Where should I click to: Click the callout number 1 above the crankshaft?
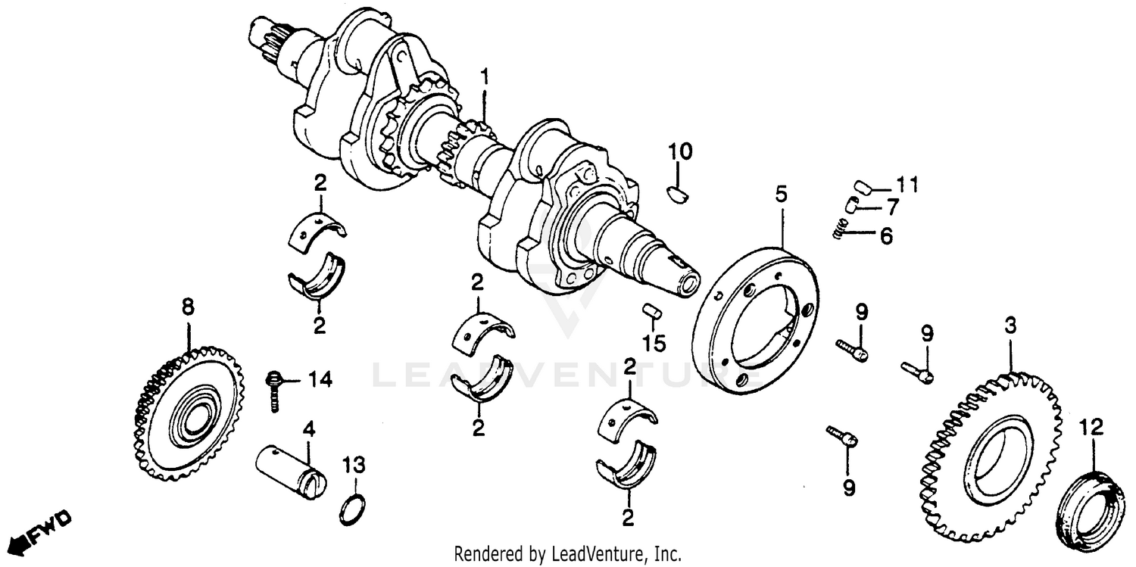[485, 77]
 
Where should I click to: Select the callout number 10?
[679, 152]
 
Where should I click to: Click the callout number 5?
[781, 195]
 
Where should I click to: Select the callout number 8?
[187, 307]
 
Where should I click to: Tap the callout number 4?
[308, 430]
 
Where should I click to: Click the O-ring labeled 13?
[352, 510]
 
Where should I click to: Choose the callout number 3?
[1010, 327]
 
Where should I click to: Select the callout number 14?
[320, 380]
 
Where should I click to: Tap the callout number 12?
[1092, 428]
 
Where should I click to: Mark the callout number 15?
[654, 344]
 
